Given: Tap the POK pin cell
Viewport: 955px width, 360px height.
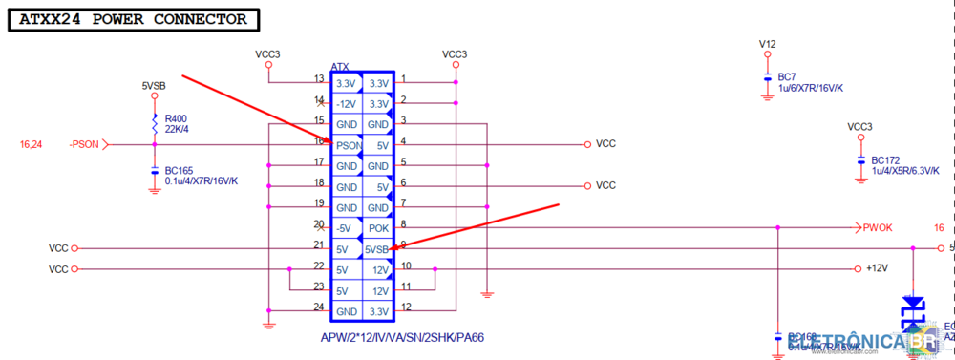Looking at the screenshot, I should tap(379, 228).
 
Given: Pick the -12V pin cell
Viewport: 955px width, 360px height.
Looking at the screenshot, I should tap(346, 103).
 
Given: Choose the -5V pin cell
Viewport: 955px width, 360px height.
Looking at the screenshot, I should tap(346, 228).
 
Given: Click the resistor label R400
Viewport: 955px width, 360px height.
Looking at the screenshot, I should tap(176, 119).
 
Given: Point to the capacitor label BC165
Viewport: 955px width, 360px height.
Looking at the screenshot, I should tap(180, 170).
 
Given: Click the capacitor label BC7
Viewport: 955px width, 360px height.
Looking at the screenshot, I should tap(787, 76).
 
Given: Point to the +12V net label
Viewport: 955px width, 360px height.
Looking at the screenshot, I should tap(877, 269).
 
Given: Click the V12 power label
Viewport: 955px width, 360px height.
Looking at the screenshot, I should tap(768, 44).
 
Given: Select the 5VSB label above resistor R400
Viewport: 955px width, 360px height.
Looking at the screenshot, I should tap(154, 86).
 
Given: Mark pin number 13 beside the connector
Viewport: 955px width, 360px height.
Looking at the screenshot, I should tap(319, 79).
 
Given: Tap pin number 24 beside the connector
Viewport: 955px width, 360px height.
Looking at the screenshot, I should tap(319, 307).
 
